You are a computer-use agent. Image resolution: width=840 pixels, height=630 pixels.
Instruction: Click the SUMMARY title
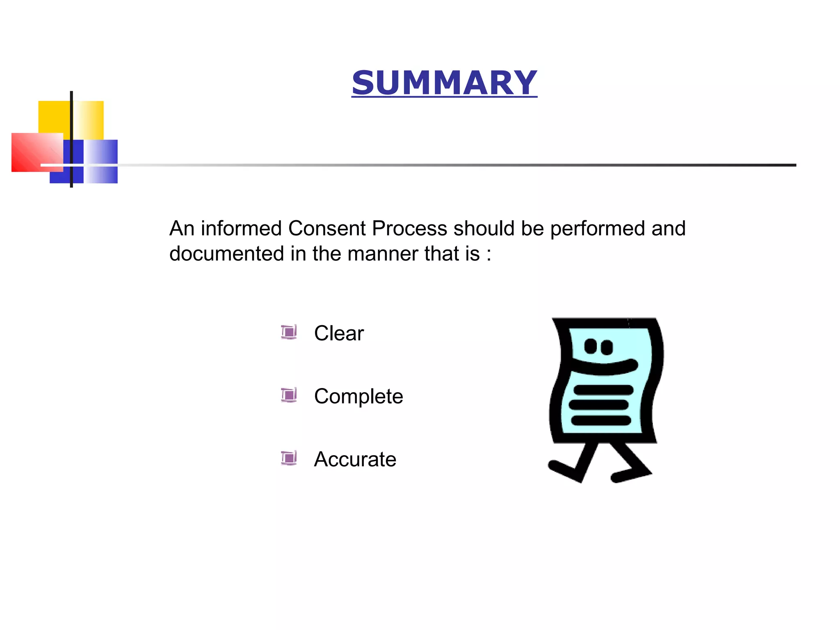[x=444, y=83]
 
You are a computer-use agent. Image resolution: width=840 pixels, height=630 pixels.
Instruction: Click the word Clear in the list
[x=339, y=333]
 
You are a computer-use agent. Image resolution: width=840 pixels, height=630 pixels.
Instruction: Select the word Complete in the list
[x=358, y=396]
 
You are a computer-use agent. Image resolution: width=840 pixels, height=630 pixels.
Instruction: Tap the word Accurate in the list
[x=355, y=459]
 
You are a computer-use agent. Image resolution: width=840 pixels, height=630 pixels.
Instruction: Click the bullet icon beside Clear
[x=289, y=332]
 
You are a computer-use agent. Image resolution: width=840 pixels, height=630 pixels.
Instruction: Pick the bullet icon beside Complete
[x=289, y=395]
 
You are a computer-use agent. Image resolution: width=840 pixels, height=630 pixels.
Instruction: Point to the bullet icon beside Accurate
[x=289, y=458]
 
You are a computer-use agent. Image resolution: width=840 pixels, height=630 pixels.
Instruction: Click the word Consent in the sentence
[x=326, y=228]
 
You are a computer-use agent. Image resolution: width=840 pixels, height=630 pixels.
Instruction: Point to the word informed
[x=241, y=228]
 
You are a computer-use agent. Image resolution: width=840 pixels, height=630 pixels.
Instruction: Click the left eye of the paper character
[x=591, y=346]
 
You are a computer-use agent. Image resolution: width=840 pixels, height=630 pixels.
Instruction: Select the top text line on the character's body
[x=603, y=390]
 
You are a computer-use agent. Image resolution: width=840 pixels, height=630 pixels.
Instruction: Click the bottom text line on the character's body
[x=601, y=420]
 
